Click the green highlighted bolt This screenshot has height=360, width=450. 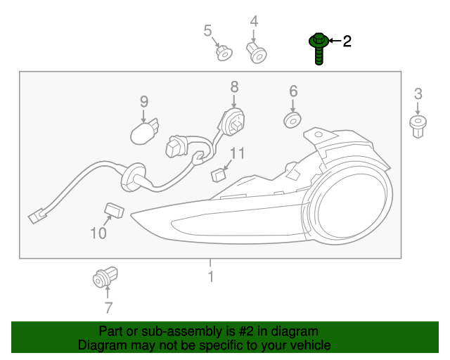(x=319, y=48)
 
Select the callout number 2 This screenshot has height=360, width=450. (x=347, y=42)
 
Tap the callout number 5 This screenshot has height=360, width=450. (x=207, y=30)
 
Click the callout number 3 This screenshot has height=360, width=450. (x=418, y=94)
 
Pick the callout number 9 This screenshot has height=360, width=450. (x=143, y=102)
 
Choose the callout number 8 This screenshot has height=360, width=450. (x=234, y=86)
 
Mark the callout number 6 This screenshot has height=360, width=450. (x=293, y=91)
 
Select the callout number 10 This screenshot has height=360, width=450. (x=98, y=233)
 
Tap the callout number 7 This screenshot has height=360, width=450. (x=108, y=307)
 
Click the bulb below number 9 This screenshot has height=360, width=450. (x=146, y=131)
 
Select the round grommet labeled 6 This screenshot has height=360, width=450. (x=292, y=120)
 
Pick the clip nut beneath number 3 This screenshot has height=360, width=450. (x=418, y=127)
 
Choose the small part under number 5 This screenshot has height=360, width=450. (x=223, y=53)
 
